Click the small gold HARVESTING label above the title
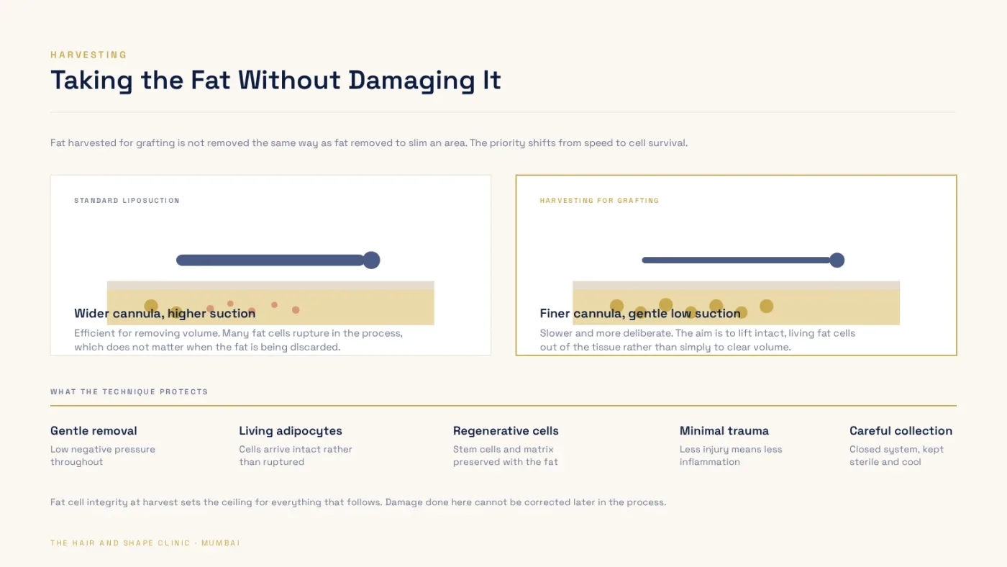click(x=88, y=55)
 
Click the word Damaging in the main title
click(x=411, y=81)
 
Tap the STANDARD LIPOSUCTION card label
click(x=127, y=201)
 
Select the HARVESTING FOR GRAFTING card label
click(x=599, y=201)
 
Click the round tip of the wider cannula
click(x=371, y=260)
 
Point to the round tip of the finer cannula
click(x=837, y=260)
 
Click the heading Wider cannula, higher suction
click(x=165, y=314)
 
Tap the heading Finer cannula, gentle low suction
click(x=640, y=314)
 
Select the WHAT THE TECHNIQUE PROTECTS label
click(x=129, y=392)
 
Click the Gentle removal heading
click(x=94, y=431)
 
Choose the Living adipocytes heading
click(x=291, y=431)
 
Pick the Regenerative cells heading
click(x=506, y=431)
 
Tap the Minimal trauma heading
click(x=724, y=431)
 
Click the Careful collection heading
click(x=901, y=431)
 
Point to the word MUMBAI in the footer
click(x=221, y=543)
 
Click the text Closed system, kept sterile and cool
click(x=896, y=455)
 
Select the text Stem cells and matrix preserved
click(x=505, y=455)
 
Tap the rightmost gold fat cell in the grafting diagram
click(x=767, y=307)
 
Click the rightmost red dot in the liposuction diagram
click(x=296, y=310)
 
